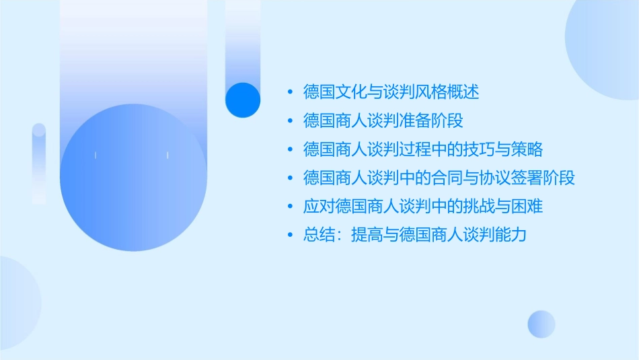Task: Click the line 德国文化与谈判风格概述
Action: coord(391,92)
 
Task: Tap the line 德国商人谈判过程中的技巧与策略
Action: coord(422,149)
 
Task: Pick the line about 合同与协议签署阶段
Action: coord(439,178)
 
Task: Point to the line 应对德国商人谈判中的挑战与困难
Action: coord(422,207)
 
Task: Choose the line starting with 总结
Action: coord(414,236)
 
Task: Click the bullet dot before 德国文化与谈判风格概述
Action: coord(290,92)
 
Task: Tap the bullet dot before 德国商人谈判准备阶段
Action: coord(290,121)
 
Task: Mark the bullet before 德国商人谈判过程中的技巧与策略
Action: coord(290,149)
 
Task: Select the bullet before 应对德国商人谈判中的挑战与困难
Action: coord(290,207)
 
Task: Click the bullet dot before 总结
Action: coord(290,236)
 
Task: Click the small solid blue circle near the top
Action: coord(243,100)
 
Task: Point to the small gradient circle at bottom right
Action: coord(541,324)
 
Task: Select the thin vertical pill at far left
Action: coord(39,163)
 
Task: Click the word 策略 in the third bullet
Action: coord(527,149)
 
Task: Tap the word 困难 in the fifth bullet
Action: coord(527,207)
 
